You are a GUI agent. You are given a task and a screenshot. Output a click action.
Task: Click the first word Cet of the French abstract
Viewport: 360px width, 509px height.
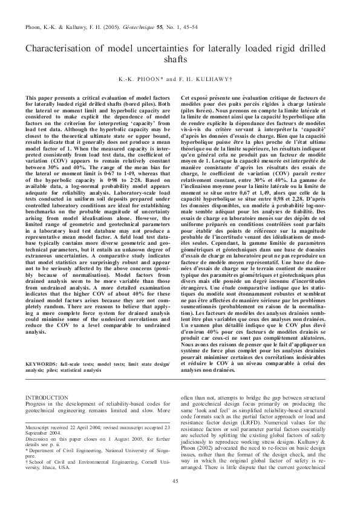pos(186,97)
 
